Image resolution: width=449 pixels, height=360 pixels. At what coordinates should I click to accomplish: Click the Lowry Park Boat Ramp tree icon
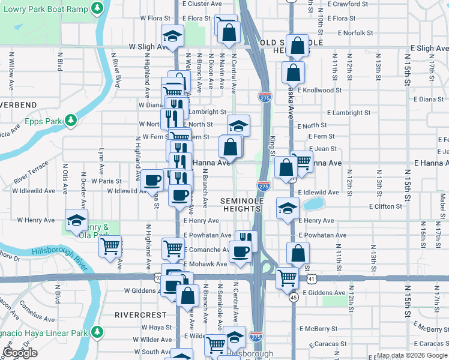(x=97, y=8)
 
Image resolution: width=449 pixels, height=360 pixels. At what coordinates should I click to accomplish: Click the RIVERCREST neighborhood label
(x=139, y=314)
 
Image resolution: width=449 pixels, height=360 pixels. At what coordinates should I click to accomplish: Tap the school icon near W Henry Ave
(x=77, y=220)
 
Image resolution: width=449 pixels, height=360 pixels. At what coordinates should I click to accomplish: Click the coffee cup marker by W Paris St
(x=152, y=179)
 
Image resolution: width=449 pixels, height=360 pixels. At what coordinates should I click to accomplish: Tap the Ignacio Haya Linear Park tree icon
(x=96, y=332)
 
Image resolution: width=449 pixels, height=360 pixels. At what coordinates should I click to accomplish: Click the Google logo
(x=20, y=353)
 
